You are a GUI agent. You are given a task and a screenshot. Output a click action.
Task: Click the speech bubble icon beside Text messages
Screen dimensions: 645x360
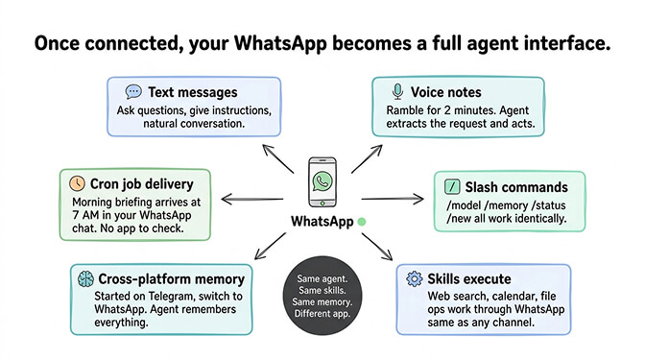click(133, 92)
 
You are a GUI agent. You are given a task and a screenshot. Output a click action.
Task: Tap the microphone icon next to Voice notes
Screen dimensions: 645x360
click(397, 91)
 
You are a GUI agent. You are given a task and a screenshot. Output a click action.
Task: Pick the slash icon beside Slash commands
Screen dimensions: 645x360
click(450, 185)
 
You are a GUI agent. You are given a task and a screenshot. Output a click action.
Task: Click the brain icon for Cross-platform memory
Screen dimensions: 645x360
click(84, 279)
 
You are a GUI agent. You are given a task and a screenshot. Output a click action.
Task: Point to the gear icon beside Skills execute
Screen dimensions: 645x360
click(415, 278)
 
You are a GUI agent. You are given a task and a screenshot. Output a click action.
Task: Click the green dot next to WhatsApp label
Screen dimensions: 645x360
click(361, 222)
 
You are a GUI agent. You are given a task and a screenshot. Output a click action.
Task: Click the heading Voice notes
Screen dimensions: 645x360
click(446, 92)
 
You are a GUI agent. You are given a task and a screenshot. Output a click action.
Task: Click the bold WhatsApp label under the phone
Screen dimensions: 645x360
click(322, 223)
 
